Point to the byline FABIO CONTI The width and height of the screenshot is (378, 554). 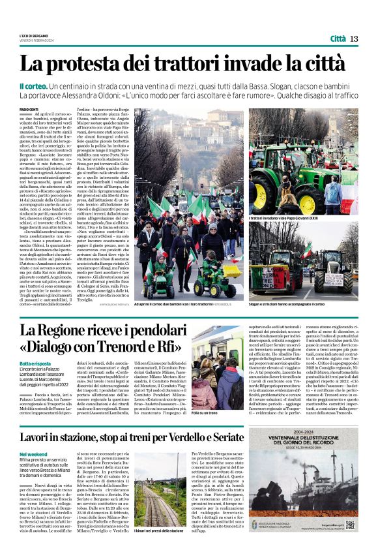[29, 109]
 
